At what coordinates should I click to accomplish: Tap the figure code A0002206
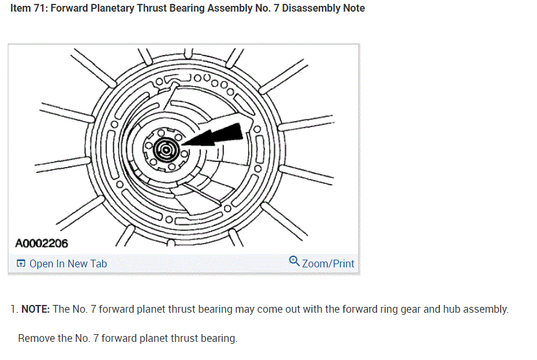coord(41,243)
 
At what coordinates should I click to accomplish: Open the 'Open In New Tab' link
coord(68,264)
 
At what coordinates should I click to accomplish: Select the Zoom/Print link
coord(328,264)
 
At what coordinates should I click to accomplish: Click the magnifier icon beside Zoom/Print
coord(295,262)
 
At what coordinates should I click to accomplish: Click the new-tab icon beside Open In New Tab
coord(21,264)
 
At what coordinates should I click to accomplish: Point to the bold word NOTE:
coord(36,309)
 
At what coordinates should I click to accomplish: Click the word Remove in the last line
coord(36,338)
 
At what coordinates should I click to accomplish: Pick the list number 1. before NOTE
coord(13,309)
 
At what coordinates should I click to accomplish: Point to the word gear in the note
coord(400,309)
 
